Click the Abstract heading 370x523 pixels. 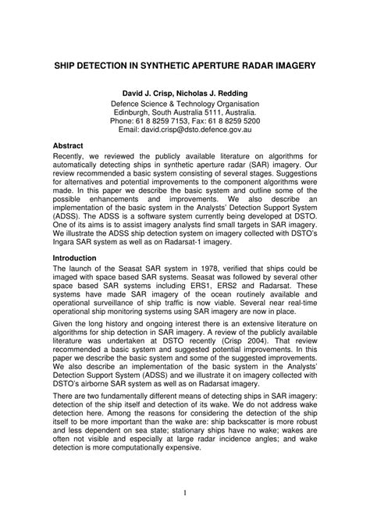(69, 146)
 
